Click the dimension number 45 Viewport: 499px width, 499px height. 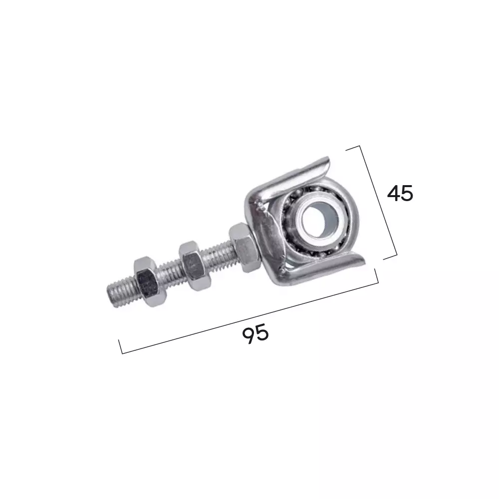coord(400,193)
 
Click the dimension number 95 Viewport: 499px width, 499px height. coord(255,334)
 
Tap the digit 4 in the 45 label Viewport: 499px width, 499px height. coord(393,193)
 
